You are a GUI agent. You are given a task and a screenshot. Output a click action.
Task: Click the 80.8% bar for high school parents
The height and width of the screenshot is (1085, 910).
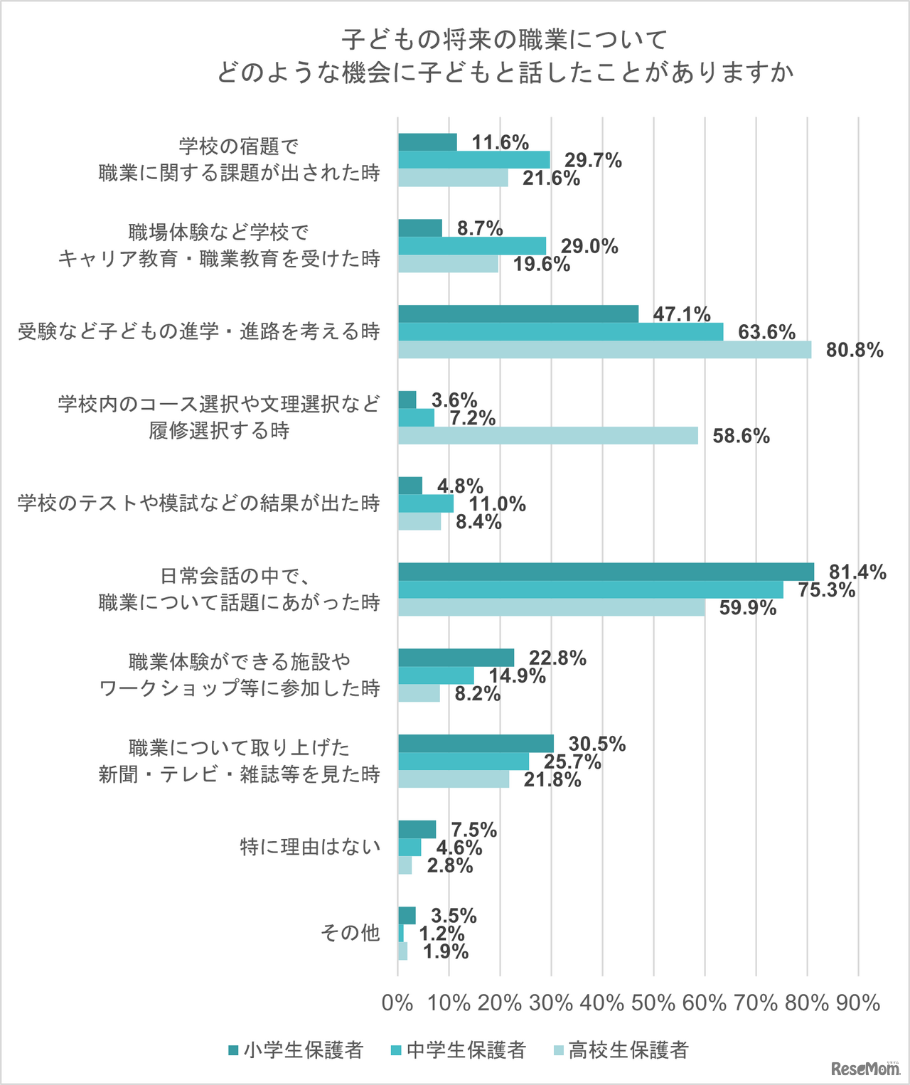pyautogui.click(x=604, y=350)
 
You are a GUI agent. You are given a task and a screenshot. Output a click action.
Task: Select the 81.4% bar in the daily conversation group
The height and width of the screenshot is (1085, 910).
pyautogui.click(x=606, y=572)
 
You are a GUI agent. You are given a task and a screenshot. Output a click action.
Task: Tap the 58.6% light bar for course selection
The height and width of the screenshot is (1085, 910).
pyautogui.click(x=547, y=436)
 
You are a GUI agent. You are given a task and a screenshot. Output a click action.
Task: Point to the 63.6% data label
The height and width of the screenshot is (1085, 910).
pyautogui.click(x=766, y=332)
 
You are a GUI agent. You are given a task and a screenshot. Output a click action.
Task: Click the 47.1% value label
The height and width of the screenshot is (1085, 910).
pyautogui.click(x=682, y=314)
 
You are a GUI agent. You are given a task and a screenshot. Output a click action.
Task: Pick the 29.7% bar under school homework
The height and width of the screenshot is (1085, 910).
pyautogui.click(x=473, y=159)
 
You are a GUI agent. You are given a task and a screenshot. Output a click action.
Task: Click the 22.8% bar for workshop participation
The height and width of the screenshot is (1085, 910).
pyautogui.click(x=456, y=658)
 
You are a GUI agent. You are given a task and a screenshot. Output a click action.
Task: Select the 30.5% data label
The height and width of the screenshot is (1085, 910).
pyautogui.click(x=597, y=744)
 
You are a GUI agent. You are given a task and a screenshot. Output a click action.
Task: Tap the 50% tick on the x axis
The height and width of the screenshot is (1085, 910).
pyautogui.click(x=653, y=1003)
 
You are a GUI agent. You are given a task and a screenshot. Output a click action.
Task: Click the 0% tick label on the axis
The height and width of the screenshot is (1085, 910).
pyautogui.click(x=397, y=1003)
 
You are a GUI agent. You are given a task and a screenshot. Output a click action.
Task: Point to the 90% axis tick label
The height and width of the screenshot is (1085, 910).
pyautogui.click(x=858, y=1003)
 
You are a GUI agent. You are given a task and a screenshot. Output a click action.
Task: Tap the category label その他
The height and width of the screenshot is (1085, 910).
pyautogui.click(x=350, y=933)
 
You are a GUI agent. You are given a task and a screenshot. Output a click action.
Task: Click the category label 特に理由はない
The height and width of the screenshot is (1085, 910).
pyautogui.click(x=310, y=847)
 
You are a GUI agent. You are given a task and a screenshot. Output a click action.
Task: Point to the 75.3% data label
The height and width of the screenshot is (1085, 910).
pyautogui.click(x=826, y=590)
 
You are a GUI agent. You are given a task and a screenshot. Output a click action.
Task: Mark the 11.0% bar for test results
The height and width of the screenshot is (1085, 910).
pyautogui.click(x=426, y=503)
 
